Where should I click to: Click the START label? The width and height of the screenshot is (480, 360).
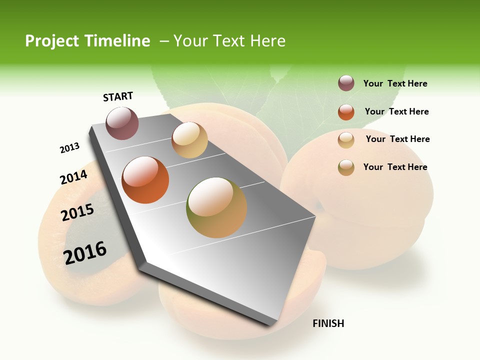(x=118, y=96)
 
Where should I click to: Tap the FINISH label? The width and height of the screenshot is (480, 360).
(x=328, y=323)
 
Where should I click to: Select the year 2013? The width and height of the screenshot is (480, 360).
(x=69, y=148)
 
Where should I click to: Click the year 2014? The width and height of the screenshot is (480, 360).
(x=73, y=177)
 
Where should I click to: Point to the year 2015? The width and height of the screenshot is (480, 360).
(x=77, y=212)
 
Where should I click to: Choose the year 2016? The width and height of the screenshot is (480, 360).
(x=85, y=253)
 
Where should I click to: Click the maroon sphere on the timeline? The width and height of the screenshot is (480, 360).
(x=122, y=123)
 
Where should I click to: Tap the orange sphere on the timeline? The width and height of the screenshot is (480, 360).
(x=145, y=180)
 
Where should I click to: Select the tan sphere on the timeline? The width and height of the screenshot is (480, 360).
(x=189, y=140)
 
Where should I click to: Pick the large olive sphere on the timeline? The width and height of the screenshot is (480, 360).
(x=216, y=207)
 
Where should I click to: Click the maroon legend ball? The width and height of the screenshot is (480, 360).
(x=346, y=83)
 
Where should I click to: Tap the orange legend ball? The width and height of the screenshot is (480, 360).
(x=346, y=112)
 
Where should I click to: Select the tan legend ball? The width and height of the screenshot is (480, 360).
(x=346, y=140)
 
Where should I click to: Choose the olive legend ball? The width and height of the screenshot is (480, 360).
(x=346, y=167)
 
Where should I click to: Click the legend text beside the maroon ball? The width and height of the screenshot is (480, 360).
(x=395, y=83)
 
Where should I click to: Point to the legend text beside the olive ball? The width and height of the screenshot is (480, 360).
(x=395, y=167)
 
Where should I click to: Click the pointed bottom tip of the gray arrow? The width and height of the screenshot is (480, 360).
(x=272, y=324)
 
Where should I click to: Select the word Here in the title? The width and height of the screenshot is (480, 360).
(x=267, y=41)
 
